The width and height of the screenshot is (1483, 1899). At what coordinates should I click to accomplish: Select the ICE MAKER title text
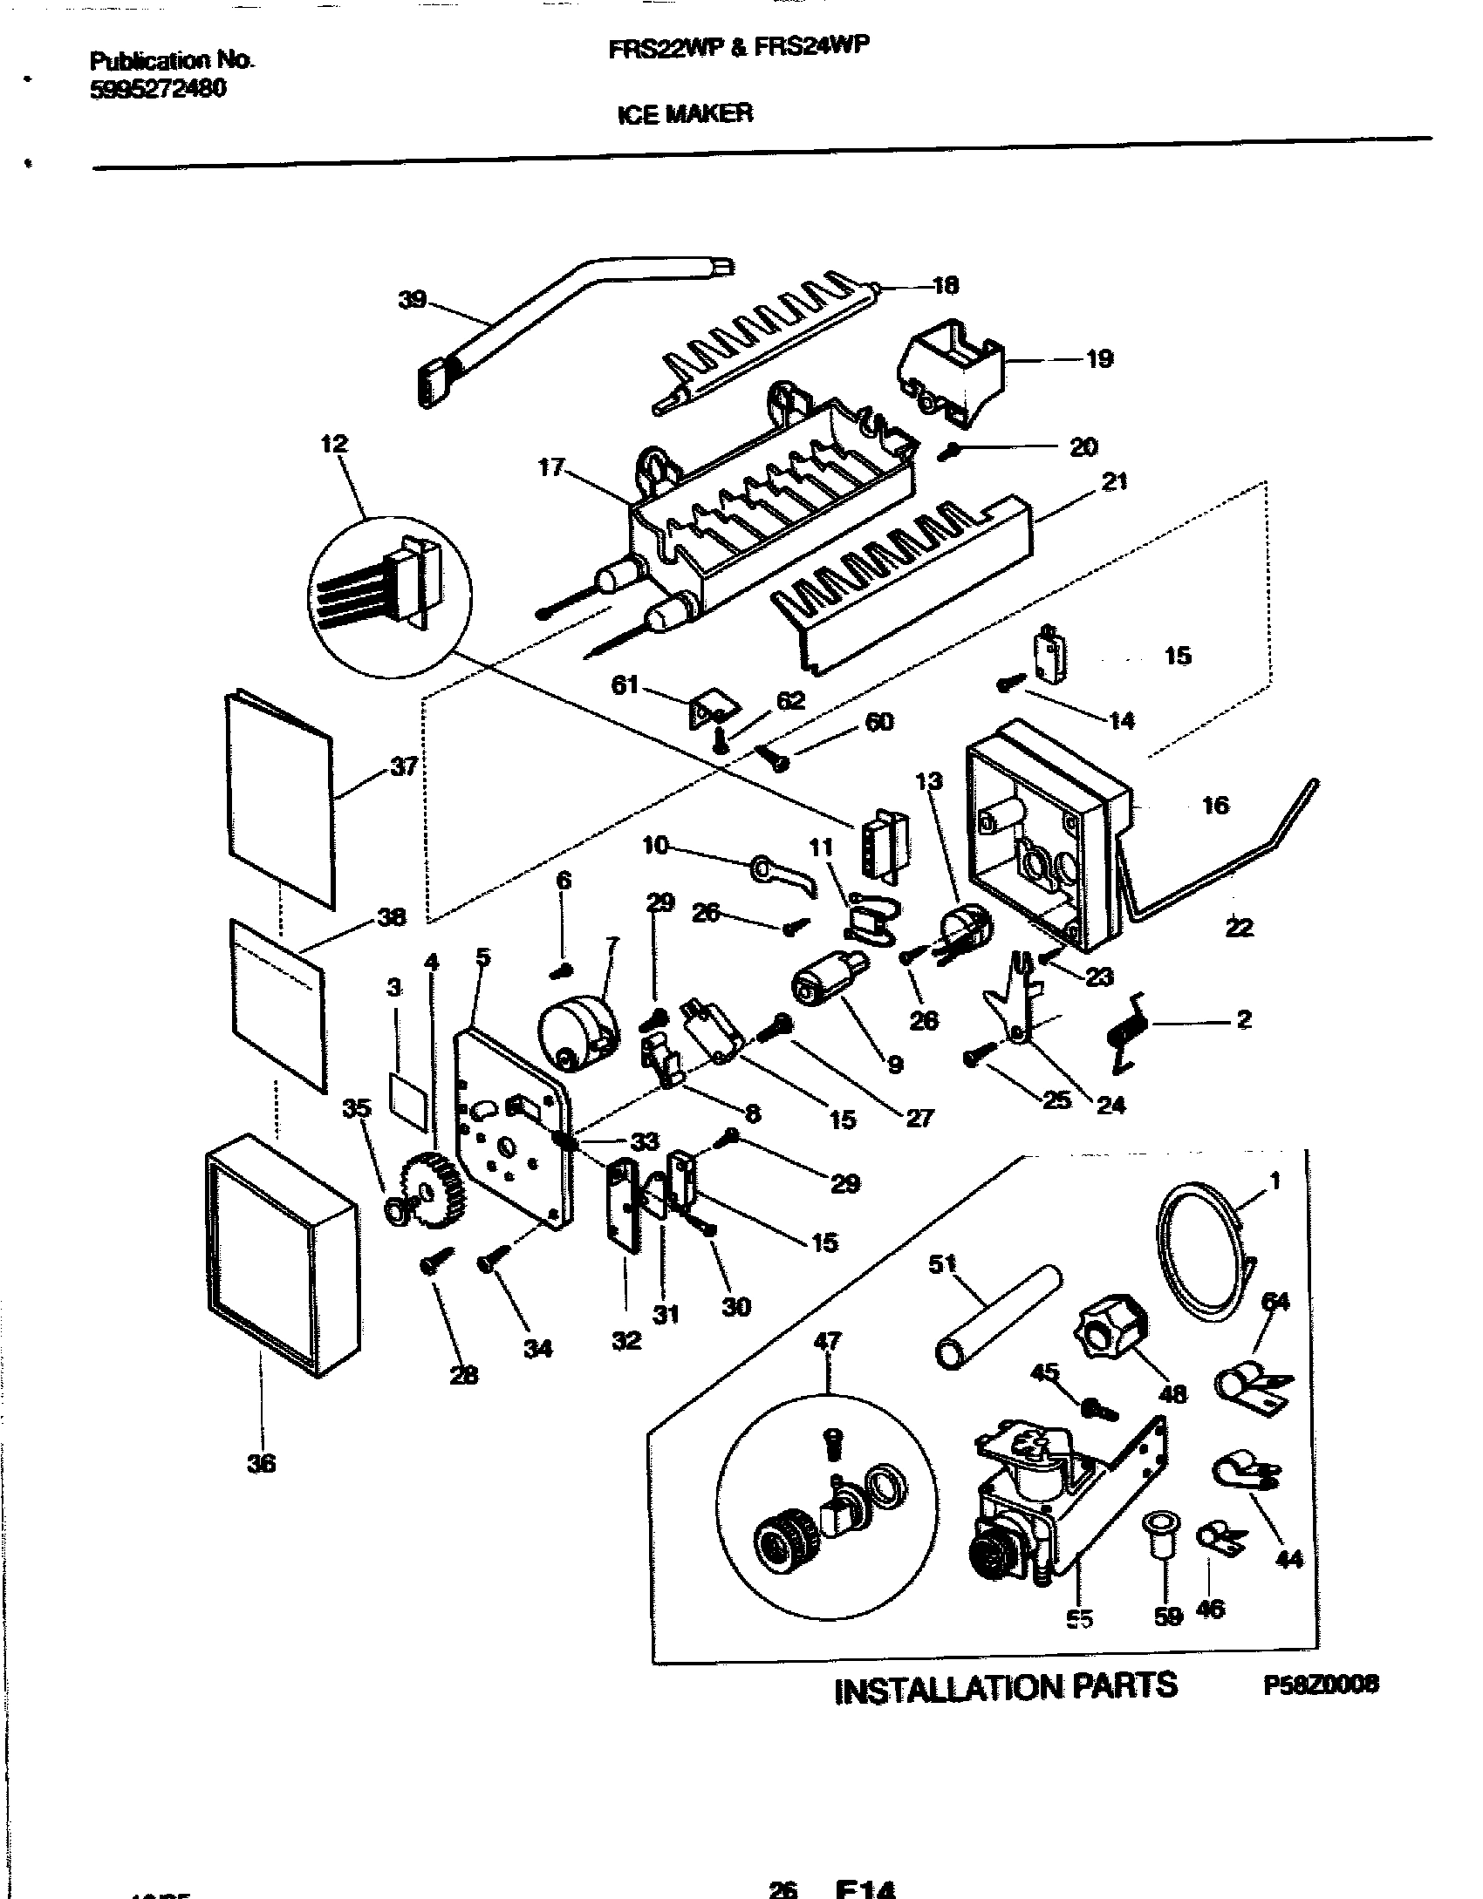pyautogui.click(x=685, y=113)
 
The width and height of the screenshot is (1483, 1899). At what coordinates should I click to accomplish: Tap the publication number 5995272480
pyautogui.click(x=158, y=88)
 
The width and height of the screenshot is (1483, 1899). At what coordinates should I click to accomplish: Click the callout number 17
pyautogui.click(x=550, y=468)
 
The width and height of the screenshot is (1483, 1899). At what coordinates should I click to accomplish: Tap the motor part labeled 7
pyautogui.click(x=577, y=1033)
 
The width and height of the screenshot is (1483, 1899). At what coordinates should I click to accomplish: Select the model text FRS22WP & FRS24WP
pyautogui.click(x=738, y=49)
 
